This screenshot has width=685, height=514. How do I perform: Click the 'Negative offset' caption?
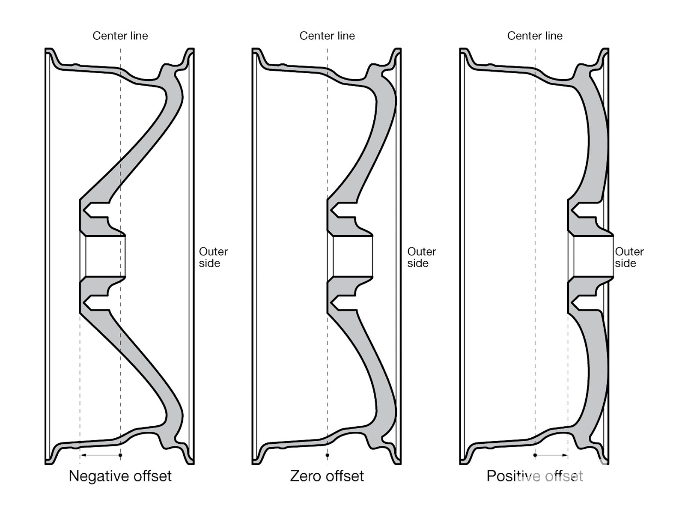tap(120, 476)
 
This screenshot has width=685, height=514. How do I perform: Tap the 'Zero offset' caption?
tap(327, 476)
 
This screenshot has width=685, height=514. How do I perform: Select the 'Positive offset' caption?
tap(535, 476)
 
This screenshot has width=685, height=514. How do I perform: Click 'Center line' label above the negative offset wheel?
tap(120, 36)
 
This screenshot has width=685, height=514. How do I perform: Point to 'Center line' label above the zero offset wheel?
tap(327, 36)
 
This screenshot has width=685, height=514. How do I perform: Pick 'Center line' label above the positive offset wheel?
tap(535, 36)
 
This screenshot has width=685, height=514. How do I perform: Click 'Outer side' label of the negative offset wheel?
tap(213, 257)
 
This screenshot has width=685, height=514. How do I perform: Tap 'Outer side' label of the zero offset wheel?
tap(421, 257)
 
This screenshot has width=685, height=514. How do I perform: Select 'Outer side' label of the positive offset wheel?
tap(629, 257)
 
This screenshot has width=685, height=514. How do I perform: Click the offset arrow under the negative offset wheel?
tap(100, 455)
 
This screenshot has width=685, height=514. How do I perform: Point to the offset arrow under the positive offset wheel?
tap(551, 455)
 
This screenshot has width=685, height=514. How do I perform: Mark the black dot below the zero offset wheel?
tap(328, 455)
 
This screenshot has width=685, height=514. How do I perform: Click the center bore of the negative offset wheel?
tap(105, 256)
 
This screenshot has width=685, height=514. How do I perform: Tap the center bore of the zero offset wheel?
tap(353, 256)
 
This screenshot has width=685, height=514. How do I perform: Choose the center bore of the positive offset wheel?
tap(593, 256)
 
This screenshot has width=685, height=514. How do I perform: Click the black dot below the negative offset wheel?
tap(120, 455)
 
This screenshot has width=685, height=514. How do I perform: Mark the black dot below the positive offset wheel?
tap(535, 455)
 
